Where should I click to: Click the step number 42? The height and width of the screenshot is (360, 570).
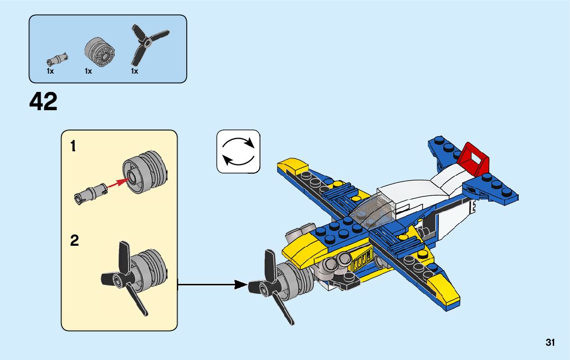coord(44,102)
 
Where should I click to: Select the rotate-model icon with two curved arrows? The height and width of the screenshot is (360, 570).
coord(238,151)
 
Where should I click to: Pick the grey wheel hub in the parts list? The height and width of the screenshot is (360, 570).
coord(98,52)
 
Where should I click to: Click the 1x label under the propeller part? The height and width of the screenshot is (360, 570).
coord(135,72)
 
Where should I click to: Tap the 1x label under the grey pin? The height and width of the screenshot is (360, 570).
coord(50,72)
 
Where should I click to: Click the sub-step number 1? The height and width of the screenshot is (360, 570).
coord(73,147)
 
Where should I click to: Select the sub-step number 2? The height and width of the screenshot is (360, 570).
coord(74,241)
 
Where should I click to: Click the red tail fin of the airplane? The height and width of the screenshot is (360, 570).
coord(474,158)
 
